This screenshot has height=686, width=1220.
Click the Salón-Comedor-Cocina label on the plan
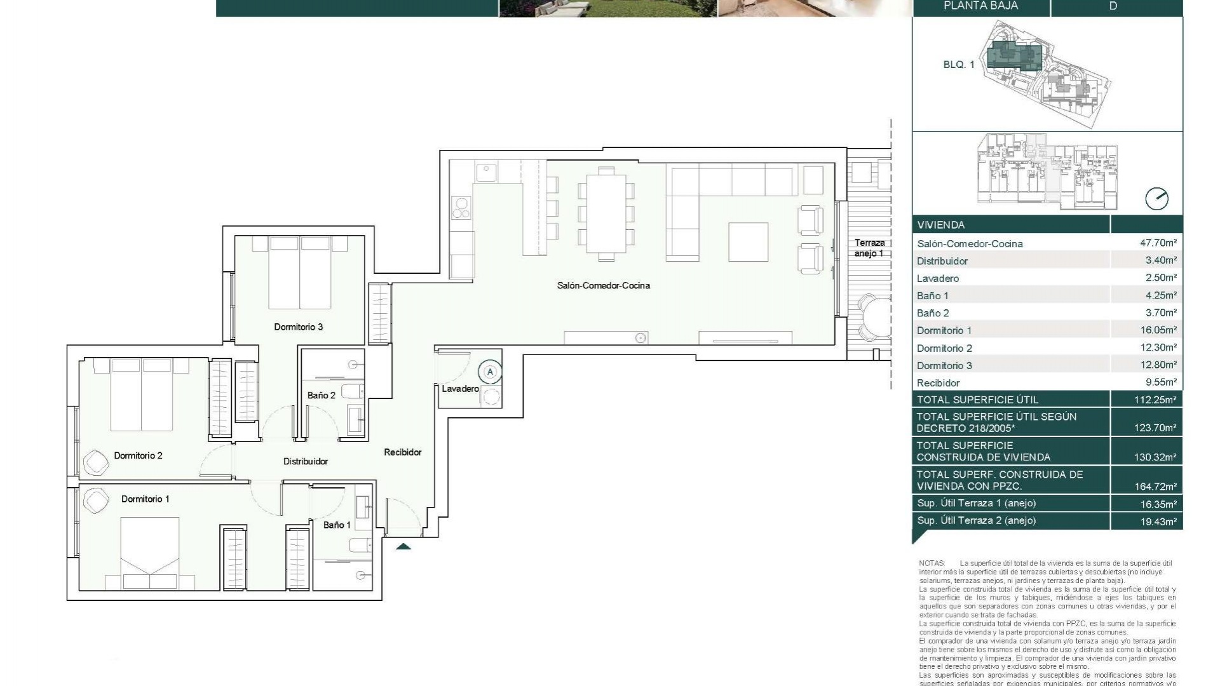603,286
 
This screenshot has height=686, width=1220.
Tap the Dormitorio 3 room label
298,327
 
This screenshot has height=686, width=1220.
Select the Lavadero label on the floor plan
460,389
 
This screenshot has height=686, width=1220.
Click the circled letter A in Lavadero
490,372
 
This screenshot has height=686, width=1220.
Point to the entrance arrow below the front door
403,546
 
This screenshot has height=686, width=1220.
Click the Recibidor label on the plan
402,452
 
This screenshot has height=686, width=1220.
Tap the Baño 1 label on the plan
336,525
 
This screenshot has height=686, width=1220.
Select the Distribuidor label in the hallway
305,461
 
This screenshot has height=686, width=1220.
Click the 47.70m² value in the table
1158,243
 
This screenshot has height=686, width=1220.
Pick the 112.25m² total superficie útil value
1155,400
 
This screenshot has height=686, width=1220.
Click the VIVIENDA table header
940,225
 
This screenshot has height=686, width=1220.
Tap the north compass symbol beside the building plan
1156,199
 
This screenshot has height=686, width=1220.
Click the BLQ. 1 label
958,65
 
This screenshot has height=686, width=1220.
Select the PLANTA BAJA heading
980,6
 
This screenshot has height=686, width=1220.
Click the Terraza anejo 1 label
869,248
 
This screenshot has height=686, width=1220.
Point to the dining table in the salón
606,213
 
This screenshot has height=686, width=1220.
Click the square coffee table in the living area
748,241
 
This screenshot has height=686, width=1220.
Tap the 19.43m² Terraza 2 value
1155,521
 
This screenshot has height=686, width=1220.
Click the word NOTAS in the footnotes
931,563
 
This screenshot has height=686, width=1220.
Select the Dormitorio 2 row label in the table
944,348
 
